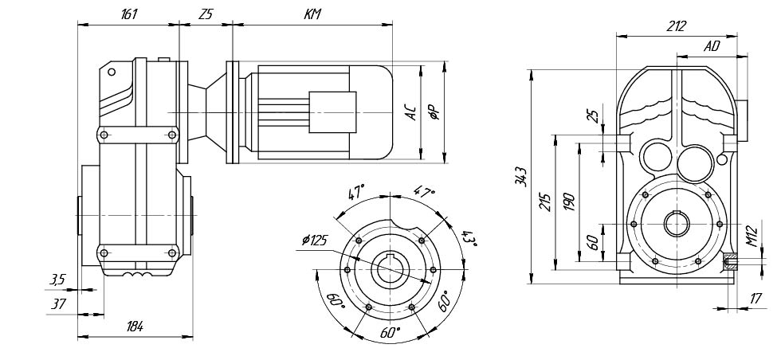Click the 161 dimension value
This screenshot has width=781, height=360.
click(130, 14)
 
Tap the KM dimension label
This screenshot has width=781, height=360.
click(312, 14)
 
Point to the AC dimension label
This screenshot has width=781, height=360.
click(410, 112)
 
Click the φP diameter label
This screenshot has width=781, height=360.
click(434, 112)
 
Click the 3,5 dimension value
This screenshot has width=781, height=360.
click(57, 279)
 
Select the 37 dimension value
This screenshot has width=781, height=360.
click(57, 303)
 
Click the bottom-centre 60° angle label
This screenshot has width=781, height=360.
click(390, 333)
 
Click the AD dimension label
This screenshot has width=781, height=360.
click(712, 47)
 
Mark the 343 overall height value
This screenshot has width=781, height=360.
click(520, 177)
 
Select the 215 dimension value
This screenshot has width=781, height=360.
click(545, 201)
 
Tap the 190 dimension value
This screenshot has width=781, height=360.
click(568, 201)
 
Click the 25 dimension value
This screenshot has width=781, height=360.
click(592, 116)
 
